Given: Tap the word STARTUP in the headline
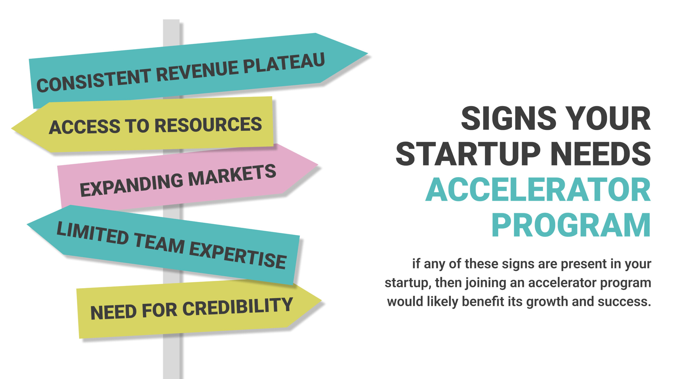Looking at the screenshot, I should [x=468, y=154].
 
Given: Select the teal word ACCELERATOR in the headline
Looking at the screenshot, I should [x=538, y=190].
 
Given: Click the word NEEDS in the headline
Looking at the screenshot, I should [x=601, y=154].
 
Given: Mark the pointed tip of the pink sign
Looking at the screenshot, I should [x=317, y=165].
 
